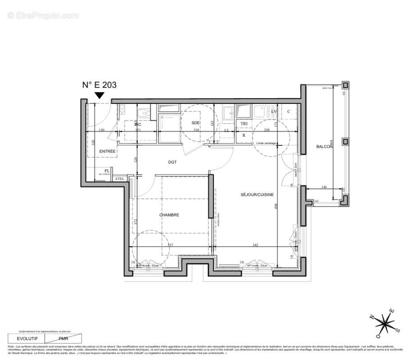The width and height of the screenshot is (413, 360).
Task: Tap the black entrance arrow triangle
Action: pyautogui.click(x=100, y=95)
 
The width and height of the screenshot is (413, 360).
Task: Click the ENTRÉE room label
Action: pyautogui.click(x=107, y=151)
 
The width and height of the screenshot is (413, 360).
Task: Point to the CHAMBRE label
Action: pyautogui.click(x=169, y=215)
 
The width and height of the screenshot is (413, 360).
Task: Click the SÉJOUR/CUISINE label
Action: pyautogui.click(x=257, y=194)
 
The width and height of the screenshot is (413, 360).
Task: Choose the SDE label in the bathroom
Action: pyautogui.click(x=195, y=123)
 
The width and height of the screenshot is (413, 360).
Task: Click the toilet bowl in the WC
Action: pyautogui.click(x=143, y=113)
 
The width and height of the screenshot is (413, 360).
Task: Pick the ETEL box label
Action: pyautogui.click(x=119, y=179)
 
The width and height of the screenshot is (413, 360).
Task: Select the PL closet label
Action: pyautogui.click(x=107, y=171)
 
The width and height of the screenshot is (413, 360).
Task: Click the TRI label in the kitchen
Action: pyautogui.click(x=244, y=123)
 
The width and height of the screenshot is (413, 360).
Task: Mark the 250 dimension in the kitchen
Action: pyautogui.click(x=267, y=130)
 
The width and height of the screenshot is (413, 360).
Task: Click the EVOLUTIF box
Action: pyautogui.click(x=27, y=338)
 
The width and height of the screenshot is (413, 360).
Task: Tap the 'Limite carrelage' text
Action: pyautogui.click(x=266, y=143)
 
